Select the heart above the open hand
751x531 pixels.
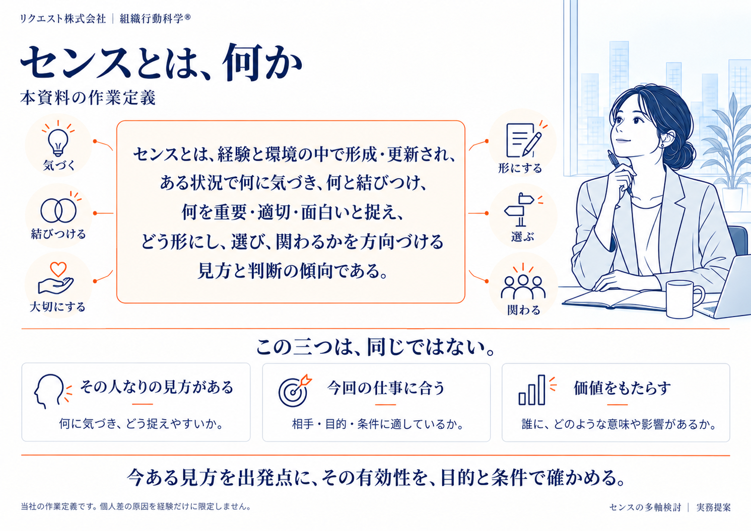point(58,269)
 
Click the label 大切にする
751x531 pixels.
point(57,307)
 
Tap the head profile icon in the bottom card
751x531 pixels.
point(49,391)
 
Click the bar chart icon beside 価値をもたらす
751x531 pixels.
point(532,390)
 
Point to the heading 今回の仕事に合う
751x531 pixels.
point(385,388)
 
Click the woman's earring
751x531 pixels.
point(663,145)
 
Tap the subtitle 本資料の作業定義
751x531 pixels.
point(88,98)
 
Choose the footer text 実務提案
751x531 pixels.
point(713,507)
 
